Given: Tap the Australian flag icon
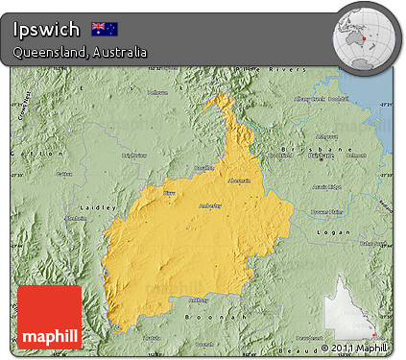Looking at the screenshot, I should (x=104, y=28).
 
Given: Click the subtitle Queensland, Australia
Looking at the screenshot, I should (x=81, y=52).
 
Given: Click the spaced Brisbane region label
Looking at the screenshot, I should (x=316, y=151).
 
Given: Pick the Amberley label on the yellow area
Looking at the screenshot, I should (x=209, y=205).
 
